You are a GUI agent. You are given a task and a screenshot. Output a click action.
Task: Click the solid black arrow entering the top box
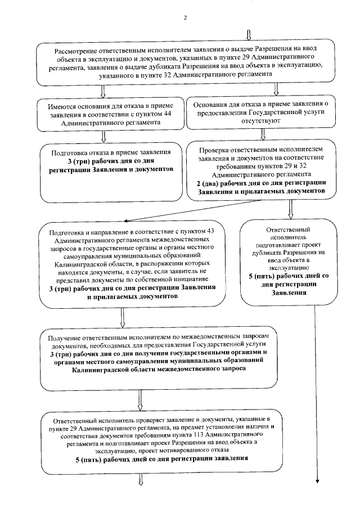[x=243, y=35]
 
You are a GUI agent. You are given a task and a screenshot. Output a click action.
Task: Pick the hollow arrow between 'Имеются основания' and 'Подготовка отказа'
[x=103, y=136]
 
